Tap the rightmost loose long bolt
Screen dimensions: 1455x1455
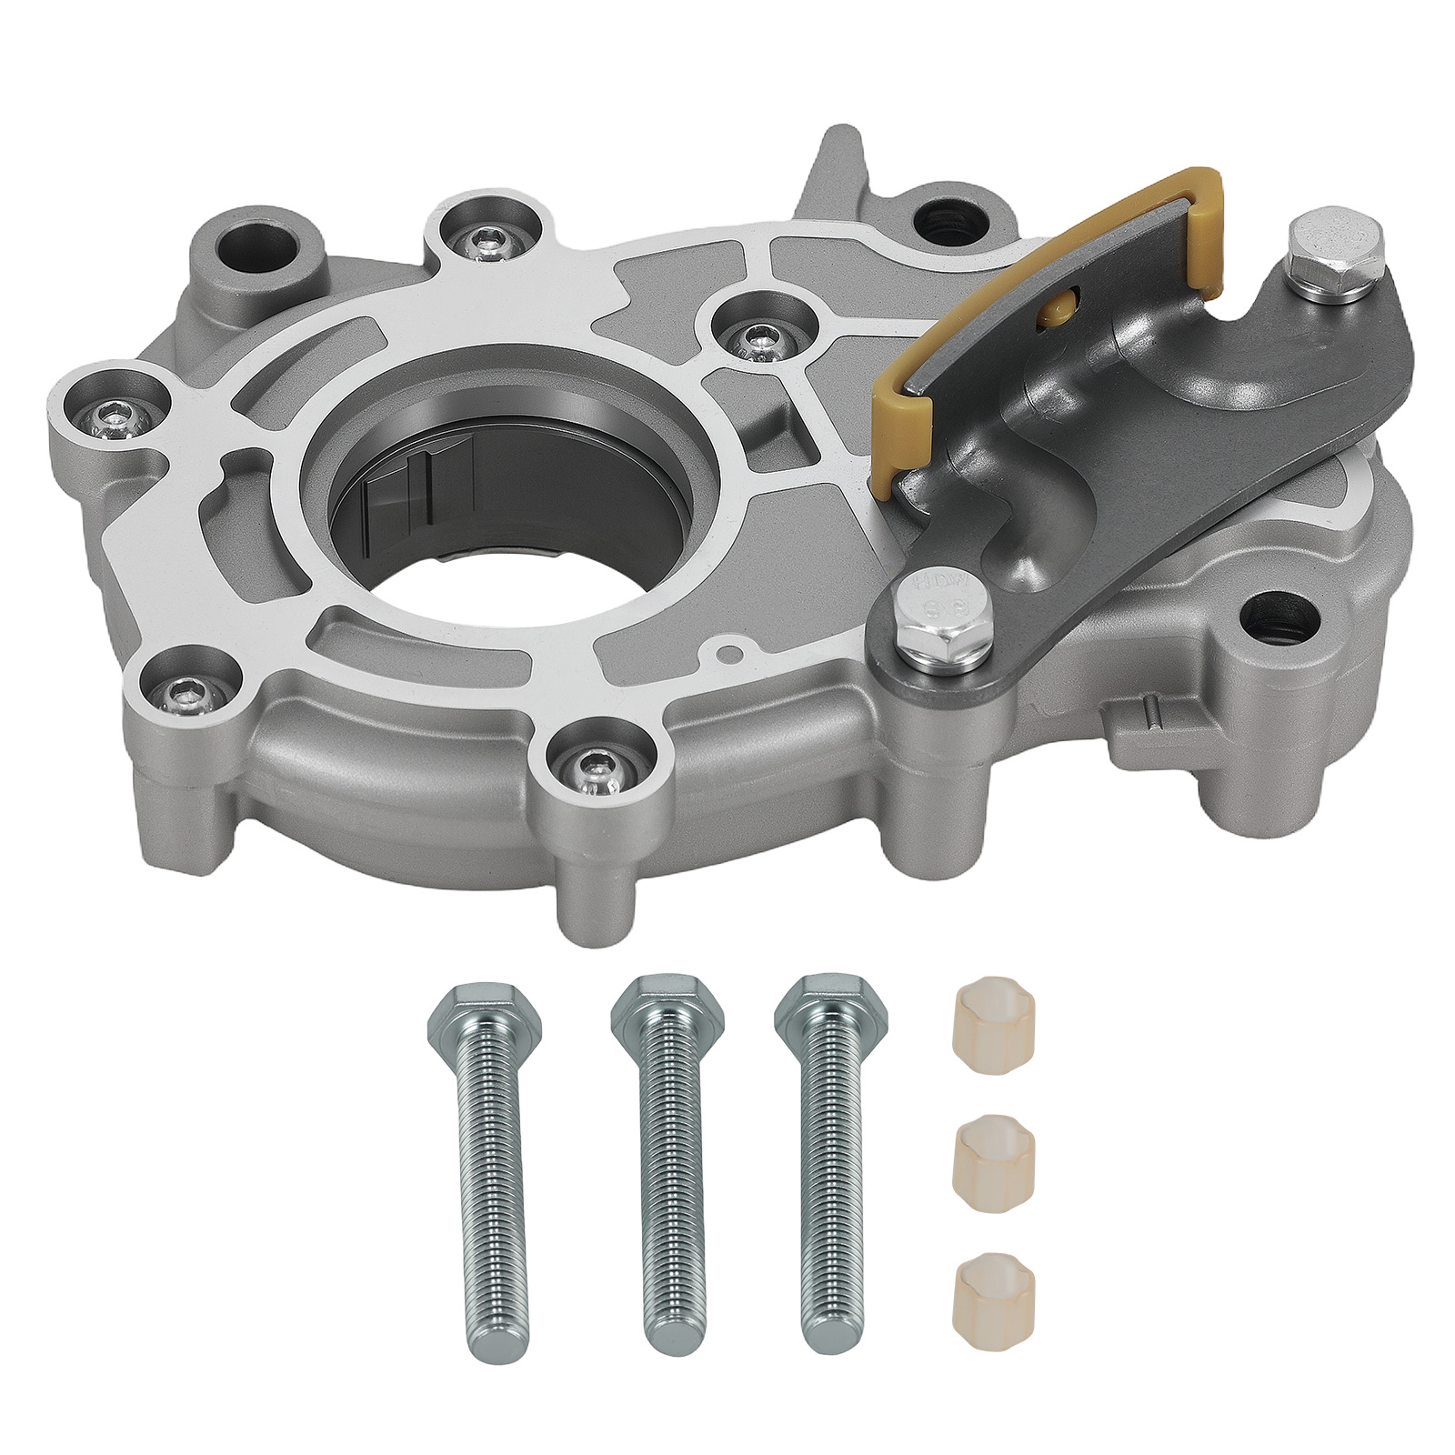(x=828, y=1164)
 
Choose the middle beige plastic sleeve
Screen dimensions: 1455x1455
(x=986, y=1149)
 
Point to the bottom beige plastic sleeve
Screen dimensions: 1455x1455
(x=985, y=1252)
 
